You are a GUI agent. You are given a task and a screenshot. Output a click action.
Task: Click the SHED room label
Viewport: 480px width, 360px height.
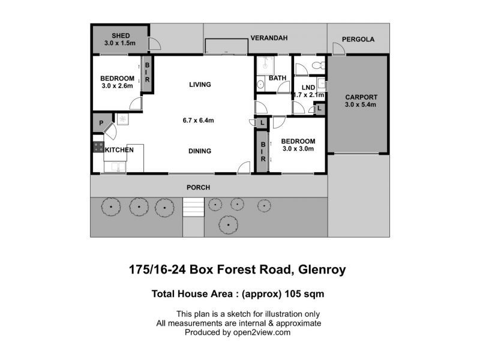pos(121,35)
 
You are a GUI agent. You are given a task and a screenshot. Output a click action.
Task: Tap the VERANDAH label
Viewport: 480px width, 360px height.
pos(269,38)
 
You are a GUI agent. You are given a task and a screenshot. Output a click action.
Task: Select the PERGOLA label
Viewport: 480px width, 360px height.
pos(358,39)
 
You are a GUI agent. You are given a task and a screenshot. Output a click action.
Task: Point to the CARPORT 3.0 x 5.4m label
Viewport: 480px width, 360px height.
pos(361,101)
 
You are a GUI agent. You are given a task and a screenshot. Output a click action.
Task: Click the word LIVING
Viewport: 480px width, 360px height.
pos(200,85)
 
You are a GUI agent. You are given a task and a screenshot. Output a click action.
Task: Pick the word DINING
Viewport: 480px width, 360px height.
pos(200,151)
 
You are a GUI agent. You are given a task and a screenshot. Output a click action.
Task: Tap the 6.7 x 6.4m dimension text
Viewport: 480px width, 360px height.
pos(199,121)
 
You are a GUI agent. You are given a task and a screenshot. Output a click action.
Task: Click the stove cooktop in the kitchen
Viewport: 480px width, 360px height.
pos(98,147)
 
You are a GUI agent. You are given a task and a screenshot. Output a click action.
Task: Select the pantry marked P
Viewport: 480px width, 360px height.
pos(102,123)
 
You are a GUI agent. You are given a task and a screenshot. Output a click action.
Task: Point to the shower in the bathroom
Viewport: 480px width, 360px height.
pos(265,65)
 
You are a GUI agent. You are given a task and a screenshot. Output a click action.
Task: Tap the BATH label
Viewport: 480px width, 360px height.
pos(277,78)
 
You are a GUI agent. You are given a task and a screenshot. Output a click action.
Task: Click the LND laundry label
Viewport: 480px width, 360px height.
pos(308,88)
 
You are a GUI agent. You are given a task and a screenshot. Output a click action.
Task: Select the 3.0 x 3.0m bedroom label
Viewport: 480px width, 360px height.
pos(298,145)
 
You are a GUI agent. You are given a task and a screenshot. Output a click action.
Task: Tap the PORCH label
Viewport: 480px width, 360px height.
pos(199,187)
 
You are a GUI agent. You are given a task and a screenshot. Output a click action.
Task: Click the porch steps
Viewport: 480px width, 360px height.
pos(193,207)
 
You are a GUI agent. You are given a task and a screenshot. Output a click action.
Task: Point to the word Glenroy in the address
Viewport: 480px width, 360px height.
pos(322,269)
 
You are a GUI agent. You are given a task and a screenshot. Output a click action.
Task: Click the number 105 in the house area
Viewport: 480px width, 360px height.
pos(292,294)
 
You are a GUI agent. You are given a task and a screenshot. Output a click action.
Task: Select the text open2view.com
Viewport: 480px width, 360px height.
pos(262,332)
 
